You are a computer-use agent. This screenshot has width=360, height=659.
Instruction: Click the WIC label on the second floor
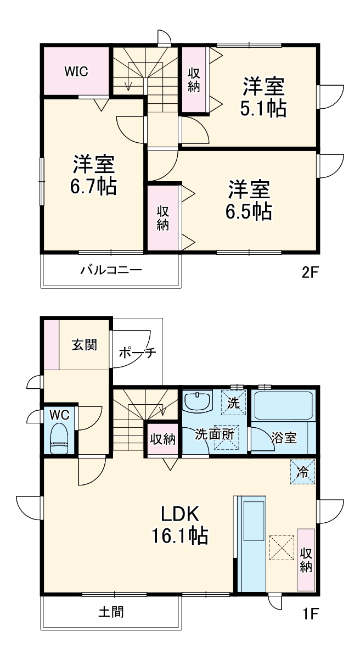[76, 71]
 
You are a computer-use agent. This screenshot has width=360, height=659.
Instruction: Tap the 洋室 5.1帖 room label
[263, 98]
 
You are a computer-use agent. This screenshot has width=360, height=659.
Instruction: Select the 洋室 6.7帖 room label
[93, 175]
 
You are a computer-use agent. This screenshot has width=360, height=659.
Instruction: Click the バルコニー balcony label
[111, 270]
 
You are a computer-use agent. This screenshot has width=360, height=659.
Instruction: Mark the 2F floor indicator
[310, 273]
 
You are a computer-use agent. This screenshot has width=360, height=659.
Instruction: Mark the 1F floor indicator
[310, 613]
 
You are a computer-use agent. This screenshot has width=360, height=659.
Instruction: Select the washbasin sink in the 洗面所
[197, 401]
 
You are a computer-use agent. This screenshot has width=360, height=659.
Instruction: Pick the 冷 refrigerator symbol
[302, 471]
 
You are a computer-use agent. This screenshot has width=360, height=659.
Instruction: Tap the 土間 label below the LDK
[111, 612]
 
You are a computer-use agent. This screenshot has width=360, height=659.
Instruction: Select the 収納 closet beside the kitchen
[306, 560]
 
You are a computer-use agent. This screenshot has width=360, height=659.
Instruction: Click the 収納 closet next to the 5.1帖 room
[194, 80]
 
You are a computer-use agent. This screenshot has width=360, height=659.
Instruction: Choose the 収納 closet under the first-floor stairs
[162, 439]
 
